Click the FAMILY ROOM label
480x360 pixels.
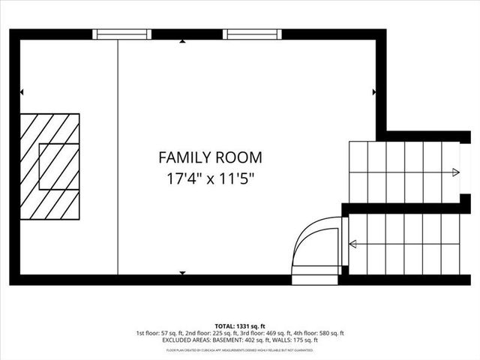coord(210,157)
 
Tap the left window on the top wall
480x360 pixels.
coord(121,34)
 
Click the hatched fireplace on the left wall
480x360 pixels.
coord(49,166)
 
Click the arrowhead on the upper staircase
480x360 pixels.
coord(456,172)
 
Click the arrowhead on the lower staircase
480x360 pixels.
coord(352,243)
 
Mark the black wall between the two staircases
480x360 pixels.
coord(405,208)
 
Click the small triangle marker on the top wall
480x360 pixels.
coord(183,42)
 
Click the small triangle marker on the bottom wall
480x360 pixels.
coord(183,272)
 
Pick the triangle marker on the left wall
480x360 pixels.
coord(22,92)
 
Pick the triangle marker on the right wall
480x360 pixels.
coord(373,92)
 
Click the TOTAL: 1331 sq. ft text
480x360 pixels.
coord(240,325)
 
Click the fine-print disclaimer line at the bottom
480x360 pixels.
coord(240,349)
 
